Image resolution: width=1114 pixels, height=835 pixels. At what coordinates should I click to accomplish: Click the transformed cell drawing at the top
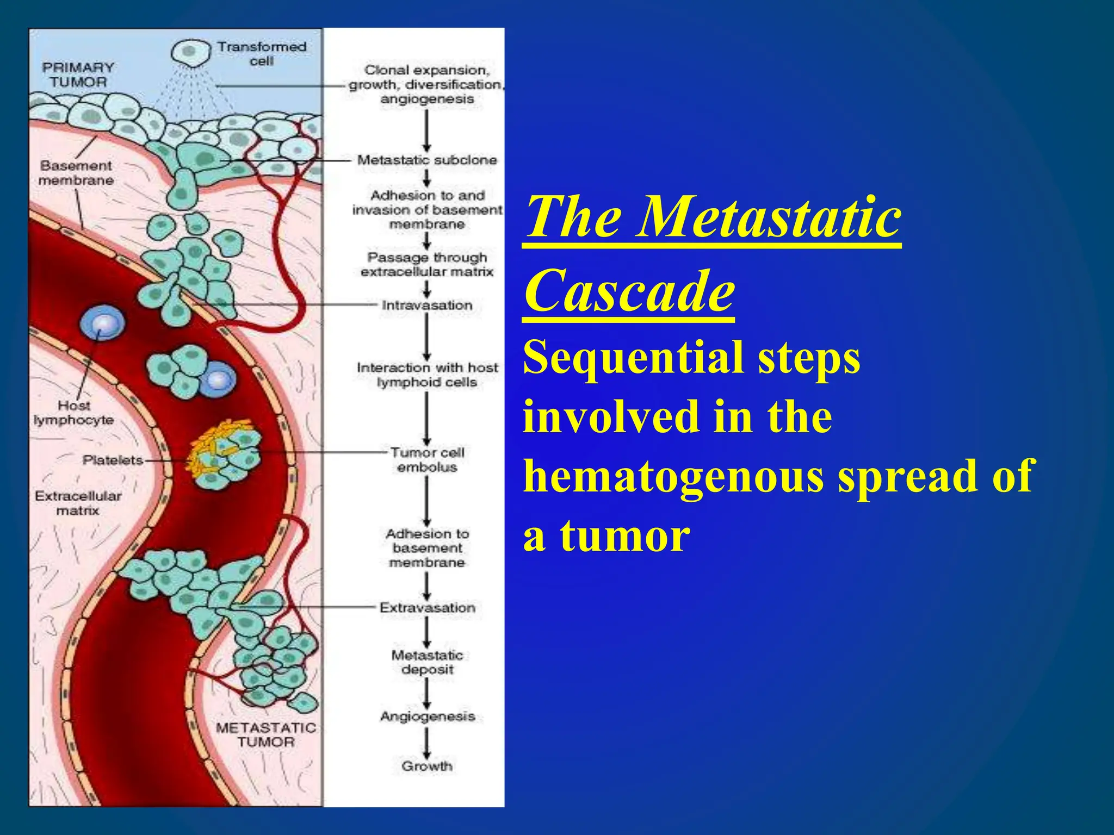pyautogui.click(x=190, y=53)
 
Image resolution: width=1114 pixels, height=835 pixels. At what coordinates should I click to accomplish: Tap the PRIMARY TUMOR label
pyautogui.click(x=78, y=75)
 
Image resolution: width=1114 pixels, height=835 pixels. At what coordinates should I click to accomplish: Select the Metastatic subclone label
pyautogui.click(x=427, y=160)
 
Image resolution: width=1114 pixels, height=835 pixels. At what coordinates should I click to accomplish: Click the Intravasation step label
pyautogui.click(x=427, y=306)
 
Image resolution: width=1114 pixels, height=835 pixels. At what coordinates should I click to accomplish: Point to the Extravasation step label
pyautogui.click(x=427, y=608)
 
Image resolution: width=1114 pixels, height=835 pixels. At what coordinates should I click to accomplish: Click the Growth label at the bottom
pyautogui.click(x=427, y=766)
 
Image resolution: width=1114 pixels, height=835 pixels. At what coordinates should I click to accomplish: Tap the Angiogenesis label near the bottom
pyautogui.click(x=427, y=716)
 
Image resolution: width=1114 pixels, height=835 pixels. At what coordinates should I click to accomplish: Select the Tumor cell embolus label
pyautogui.click(x=427, y=460)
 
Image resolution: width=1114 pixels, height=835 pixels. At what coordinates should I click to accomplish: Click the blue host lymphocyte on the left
pyautogui.click(x=102, y=323)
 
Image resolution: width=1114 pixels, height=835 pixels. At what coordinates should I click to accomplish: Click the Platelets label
pyautogui.click(x=113, y=460)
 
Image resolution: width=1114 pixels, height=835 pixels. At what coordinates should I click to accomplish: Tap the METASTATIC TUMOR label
pyautogui.click(x=265, y=734)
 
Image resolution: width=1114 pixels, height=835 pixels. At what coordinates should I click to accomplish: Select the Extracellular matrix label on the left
pyautogui.click(x=78, y=503)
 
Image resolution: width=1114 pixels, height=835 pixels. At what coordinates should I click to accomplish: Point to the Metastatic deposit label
pyautogui.click(x=427, y=662)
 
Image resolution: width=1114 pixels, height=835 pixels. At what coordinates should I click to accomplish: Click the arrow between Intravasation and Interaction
pyautogui.click(x=427, y=337)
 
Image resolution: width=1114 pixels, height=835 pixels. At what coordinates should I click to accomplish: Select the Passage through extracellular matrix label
pyautogui.click(x=427, y=264)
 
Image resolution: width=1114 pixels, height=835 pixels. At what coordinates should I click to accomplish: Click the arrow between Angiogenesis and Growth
pyautogui.click(x=427, y=743)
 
